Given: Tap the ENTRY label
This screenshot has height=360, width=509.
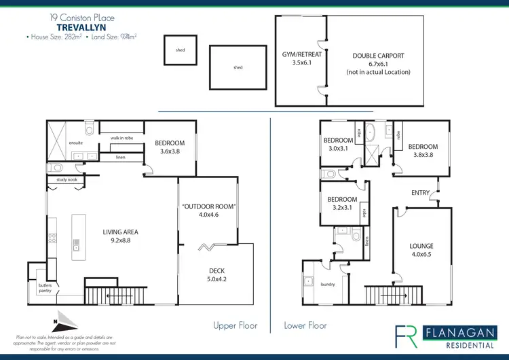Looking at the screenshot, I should point(420,193).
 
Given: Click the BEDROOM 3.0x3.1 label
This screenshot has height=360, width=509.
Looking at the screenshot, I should point(337,144).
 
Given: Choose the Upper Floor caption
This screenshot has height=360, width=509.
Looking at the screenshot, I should point(235,325).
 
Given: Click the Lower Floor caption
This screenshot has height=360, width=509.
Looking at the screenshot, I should point(305,325).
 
